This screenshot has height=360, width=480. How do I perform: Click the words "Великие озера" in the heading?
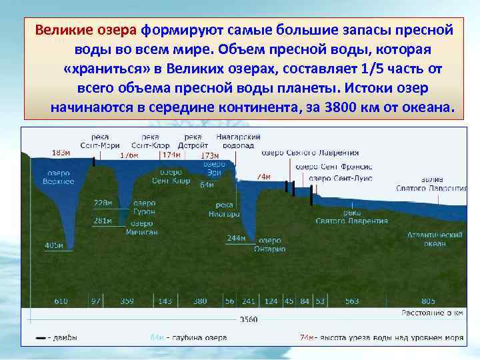coord(86,31)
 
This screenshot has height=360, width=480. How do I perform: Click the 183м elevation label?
coord(61,153)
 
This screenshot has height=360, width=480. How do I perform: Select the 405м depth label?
coord(53,245)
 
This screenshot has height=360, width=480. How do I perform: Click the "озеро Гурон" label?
coord(144,207)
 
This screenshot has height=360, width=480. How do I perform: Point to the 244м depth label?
coord(236,238)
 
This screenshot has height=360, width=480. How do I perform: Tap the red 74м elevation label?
coord(263,177)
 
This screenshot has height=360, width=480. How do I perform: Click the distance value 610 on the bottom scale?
coord(61,301)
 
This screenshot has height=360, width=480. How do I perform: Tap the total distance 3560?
coord(248,319)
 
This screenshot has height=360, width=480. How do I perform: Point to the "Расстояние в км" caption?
coord(432,312)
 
